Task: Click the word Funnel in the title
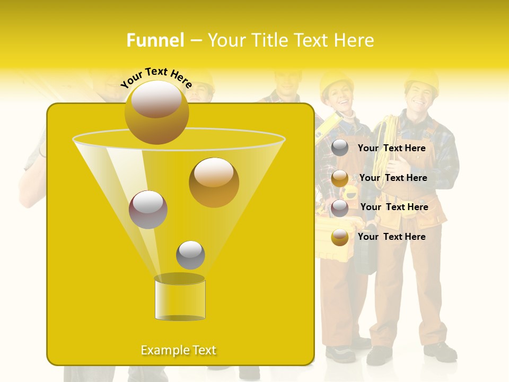pos(155,40)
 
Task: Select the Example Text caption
pos(179,350)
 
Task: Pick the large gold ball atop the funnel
pos(156,112)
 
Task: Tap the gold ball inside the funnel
pos(214,183)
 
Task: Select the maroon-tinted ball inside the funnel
pos(148,210)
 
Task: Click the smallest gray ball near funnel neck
pos(190,255)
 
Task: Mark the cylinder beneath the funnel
pos(180,298)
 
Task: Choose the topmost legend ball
pos(340,148)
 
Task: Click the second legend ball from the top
pos(340,178)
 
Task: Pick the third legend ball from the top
pos(340,208)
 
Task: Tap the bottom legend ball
pos(340,237)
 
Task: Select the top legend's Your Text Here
pos(391,148)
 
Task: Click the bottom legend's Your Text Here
pos(391,237)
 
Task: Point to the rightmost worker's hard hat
pos(422,80)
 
